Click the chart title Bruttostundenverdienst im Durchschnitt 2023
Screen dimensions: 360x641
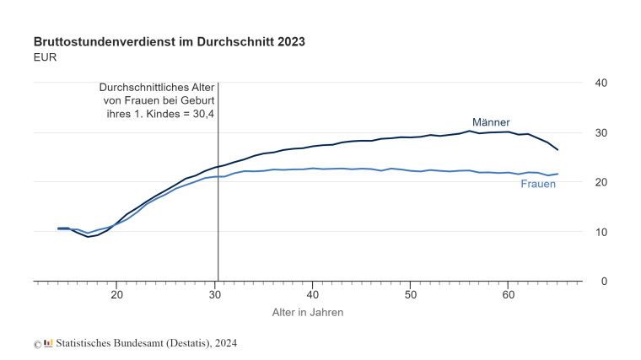(x=169, y=41)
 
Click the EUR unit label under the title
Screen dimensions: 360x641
(x=46, y=57)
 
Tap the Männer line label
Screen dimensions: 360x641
(x=490, y=122)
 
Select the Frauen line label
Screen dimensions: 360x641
(x=538, y=184)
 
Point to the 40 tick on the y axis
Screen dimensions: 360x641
(x=602, y=83)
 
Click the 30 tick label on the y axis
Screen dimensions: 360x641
(x=602, y=132)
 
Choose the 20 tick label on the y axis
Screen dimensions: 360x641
(x=602, y=182)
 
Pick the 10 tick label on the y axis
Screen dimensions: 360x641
(x=602, y=232)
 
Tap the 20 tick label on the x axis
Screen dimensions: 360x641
(x=116, y=294)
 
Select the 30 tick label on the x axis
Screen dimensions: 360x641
(x=214, y=294)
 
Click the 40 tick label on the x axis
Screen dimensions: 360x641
(x=312, y=294)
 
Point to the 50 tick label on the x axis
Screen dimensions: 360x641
(x=410, y=294)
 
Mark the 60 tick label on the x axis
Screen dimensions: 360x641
(x=508, y=294)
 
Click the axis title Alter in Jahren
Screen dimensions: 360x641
(x=307, y=312)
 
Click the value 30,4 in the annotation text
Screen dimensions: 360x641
(x=202, y=114)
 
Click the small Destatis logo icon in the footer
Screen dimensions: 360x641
(x=48, y=343)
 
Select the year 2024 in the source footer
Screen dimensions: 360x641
(x=225, y=343)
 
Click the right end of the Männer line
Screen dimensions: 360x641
(x=558, y=149)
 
